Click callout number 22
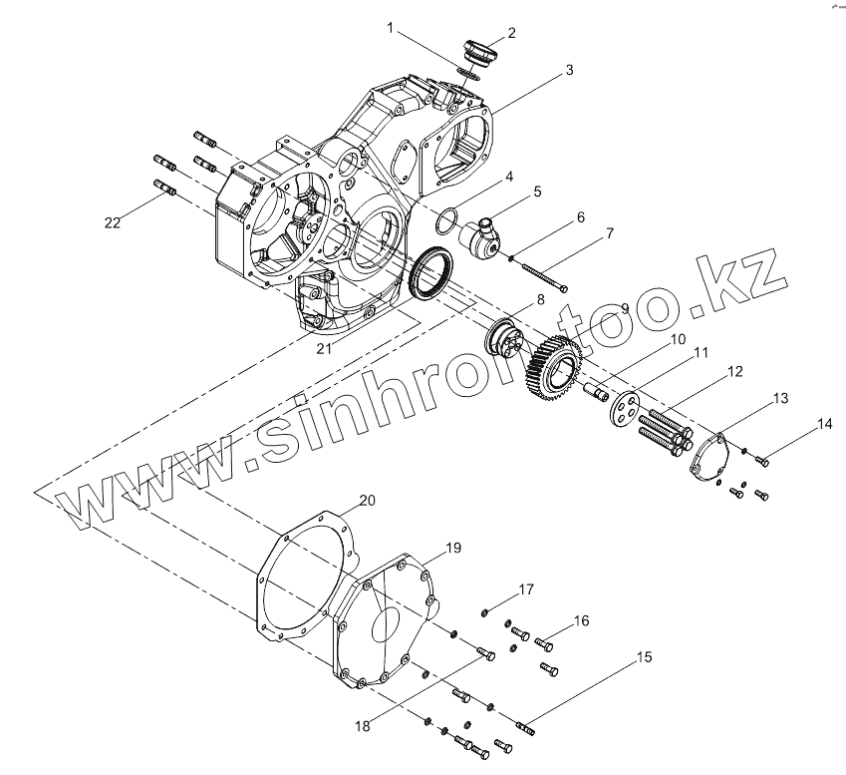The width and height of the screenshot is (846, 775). pos(113,222)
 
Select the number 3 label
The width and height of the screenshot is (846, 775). pos(569,71)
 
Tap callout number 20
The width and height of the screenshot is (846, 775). pos(368,500)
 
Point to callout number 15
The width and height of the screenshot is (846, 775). pos(644,656)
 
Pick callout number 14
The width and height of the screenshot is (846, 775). pos(824,425)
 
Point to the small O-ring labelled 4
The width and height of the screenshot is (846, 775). pos(446,216)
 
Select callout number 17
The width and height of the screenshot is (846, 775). pos(526,589)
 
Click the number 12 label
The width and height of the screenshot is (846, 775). pos(734,372)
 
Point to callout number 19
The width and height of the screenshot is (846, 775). pos(453,548)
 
